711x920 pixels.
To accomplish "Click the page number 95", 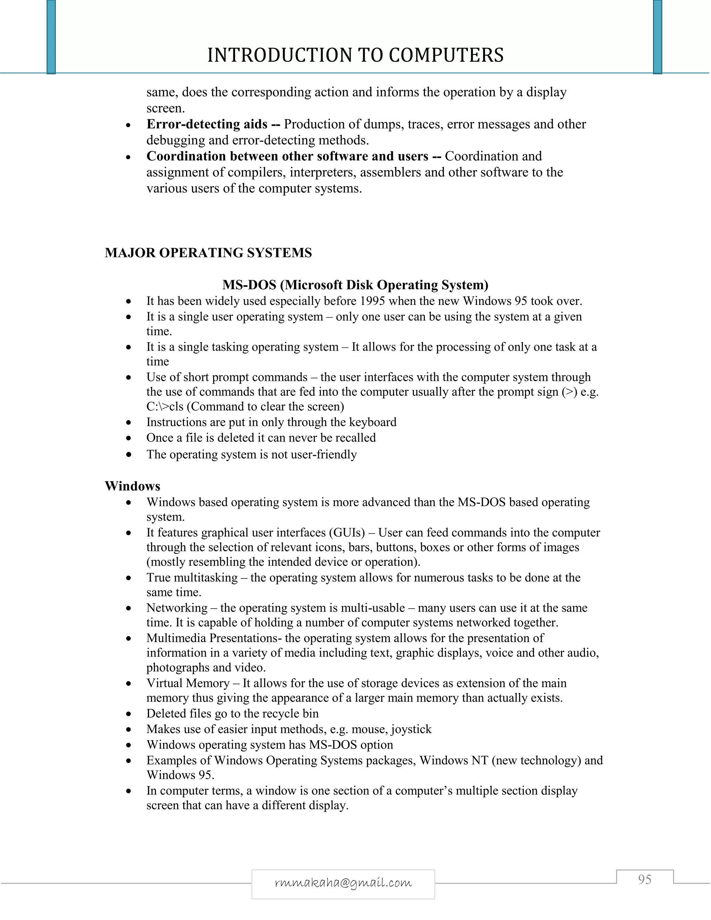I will coord(644,880).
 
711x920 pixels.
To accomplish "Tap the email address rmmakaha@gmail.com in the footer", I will coord(343,882).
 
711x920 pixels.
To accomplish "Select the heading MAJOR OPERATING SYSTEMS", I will coord(208,253).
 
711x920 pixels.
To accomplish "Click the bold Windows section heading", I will coord(132,486).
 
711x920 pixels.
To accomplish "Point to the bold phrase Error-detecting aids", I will coord(207,124).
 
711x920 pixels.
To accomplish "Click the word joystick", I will coord(411,729).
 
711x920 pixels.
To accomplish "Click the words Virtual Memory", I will coord(187,683).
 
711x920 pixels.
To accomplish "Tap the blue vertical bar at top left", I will coord(51,37).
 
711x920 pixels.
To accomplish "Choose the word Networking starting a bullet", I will coord(177,608).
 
